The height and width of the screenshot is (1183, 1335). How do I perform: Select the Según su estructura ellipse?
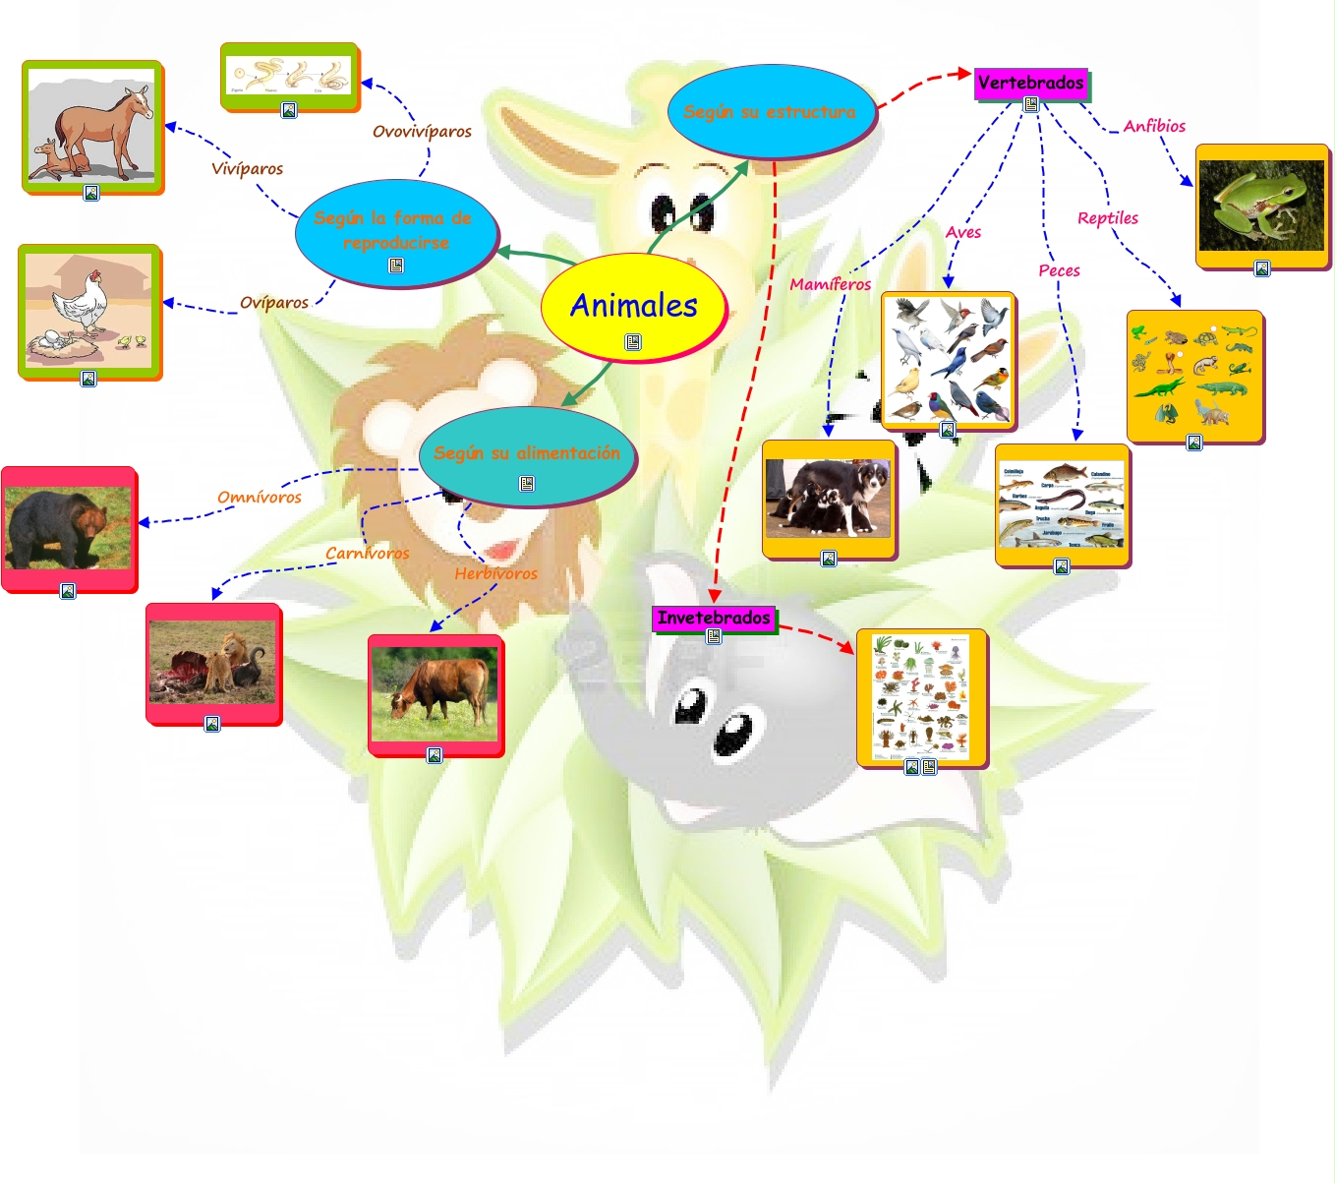coord(770,112)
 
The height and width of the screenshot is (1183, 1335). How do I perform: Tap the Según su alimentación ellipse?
coord(527,453)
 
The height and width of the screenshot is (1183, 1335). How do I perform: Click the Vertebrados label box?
coord(1030,83)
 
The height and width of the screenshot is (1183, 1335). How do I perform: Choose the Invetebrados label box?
coord(714,618)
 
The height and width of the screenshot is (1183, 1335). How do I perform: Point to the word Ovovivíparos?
coord(422,132)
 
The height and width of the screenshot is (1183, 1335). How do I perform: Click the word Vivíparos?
coord(247,169)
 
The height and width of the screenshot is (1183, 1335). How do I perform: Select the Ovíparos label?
coord(274,303)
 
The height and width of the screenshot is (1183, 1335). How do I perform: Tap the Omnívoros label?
coord(260,498)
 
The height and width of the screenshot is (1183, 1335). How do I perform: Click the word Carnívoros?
coord(367,554)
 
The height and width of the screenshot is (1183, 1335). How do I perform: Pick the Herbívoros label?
coord(495,573)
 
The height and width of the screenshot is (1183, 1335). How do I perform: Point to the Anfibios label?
coord(1154,126)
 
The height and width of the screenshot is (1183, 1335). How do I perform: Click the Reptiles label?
coord(1107,218)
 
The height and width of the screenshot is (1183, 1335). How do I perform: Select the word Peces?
coord(1059,270)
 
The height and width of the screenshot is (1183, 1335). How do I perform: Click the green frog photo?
coord(1261,206)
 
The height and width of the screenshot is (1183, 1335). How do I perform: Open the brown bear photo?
coord(68,527)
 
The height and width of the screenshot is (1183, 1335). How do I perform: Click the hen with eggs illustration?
coord(88,310)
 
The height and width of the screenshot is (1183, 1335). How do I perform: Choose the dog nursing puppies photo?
coord(829,498)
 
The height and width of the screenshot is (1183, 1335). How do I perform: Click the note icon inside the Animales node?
coord(633,342)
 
